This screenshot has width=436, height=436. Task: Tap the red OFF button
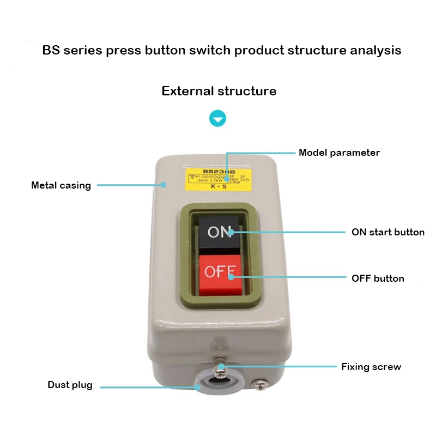coord(220,271)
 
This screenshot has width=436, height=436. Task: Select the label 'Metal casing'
coord(61,185)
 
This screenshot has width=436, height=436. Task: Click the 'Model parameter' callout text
coord(339,153)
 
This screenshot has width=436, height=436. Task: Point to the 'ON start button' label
coord(387,232)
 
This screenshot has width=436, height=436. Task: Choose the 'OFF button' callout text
coord(378,278)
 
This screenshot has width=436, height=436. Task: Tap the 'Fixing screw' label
coord(371,367)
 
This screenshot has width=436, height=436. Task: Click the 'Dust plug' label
coord(70,385)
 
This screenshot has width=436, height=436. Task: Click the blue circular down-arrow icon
coord(218,119)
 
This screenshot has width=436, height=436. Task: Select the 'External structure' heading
coord(219,91)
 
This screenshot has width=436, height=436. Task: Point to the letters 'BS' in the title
coord(51,51)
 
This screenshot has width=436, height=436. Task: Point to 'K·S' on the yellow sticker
coord(219,186)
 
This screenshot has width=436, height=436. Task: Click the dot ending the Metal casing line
coord(163,185)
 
